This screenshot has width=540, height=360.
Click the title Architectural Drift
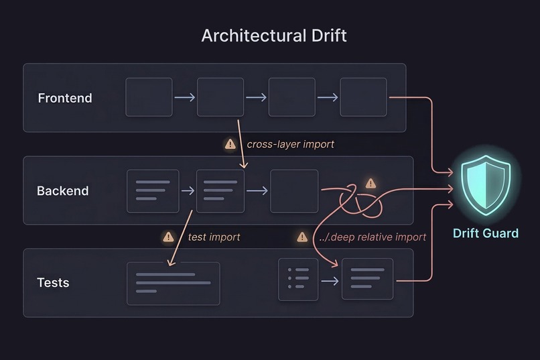click(x=274, y=36)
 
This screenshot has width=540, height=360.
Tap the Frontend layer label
click(x=65, y=98)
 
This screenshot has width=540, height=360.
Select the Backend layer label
click(x=62, y=191)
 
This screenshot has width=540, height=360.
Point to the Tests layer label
click(x=53, y=282)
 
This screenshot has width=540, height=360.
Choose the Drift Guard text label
click(x=486, y=233)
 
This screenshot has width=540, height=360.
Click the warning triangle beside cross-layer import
click(x=230, y=143)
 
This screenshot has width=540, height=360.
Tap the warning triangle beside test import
click(x=168, y=237)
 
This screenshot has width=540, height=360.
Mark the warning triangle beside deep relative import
click(x=302, y=237)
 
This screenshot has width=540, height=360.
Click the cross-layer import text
click(x=290, y=144)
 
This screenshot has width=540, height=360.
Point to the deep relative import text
click(x=373, y=237)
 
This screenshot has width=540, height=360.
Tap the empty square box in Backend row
click(x=294, y=191)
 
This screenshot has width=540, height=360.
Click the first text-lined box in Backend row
click(x=153, y=191)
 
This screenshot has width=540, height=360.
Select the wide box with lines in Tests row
click(x=173, y=283)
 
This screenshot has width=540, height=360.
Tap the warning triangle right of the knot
click(x=370, y=184)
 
